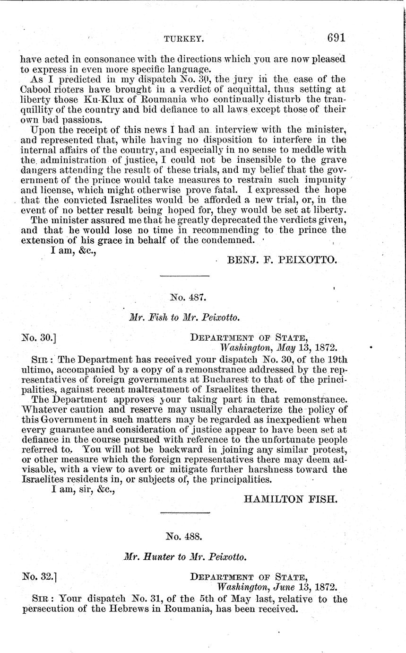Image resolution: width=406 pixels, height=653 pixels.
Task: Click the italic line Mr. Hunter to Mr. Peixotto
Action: tap(184, 557)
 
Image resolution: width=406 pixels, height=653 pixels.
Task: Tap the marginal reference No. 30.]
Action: tap(40, 338)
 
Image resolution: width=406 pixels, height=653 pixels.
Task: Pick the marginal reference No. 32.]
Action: tap(40, 577)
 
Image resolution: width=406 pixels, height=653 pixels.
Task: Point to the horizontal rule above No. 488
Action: tap(185, 513)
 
